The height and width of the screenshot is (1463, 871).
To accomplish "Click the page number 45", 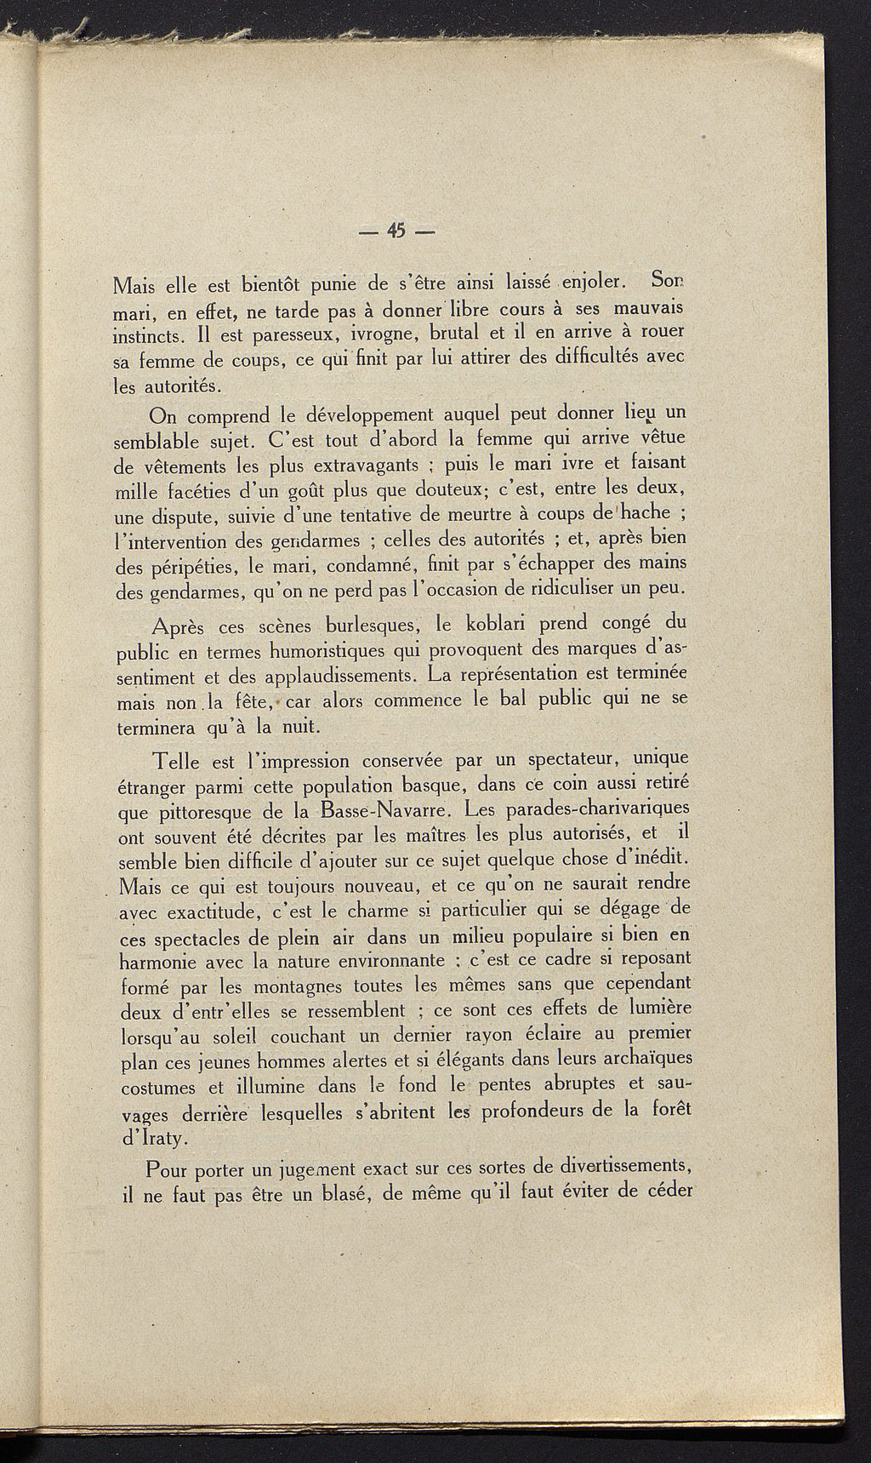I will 396,230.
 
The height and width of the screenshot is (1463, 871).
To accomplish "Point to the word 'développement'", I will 359,416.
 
